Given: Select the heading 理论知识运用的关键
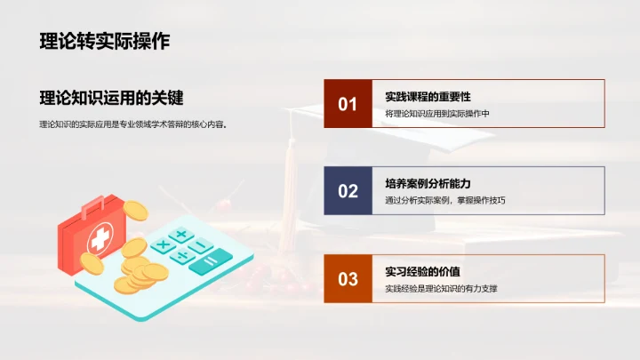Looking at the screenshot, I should [x=117, y=99].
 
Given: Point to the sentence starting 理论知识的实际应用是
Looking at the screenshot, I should [x=133, y=124].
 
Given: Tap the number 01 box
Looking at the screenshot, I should [x=348, y=104].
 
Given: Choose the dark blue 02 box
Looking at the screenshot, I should [x=348, y=190].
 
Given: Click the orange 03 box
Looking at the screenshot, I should [x=348, y=279].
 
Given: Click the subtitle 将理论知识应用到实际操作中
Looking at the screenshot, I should [x=437, y=114].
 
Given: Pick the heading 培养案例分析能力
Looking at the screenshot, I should [x=428, y=184].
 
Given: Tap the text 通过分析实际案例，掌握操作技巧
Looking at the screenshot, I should [x=445, y=200].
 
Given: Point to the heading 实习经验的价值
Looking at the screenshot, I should [x=422, y=271].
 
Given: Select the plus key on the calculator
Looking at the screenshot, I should [x=181, y=235].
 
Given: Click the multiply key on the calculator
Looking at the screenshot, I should [x=163, y=244].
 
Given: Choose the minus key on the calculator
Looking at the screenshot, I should [x=201, y=245].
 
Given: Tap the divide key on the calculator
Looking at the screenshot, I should [x=183, y=256].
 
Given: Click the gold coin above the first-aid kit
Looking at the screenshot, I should [x=134, y=210].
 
